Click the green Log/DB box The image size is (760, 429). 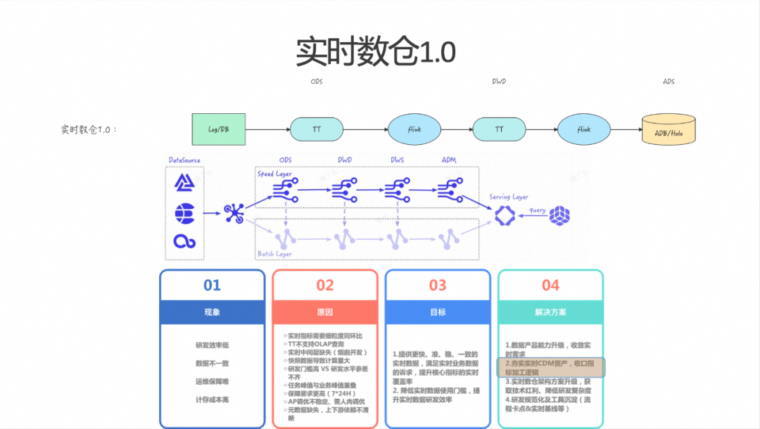tap(219, 129)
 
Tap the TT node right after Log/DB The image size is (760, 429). tap(317, 129)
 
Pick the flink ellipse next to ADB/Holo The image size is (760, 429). tap(584, 129)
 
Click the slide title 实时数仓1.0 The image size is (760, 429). tap(376, 51)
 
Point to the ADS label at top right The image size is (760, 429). tap(669, 82)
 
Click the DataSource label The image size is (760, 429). tap(185, 160)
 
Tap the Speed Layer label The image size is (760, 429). tap(274, 174)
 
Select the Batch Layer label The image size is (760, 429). tap(274, 253)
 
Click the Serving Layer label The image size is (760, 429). tap(509, 197)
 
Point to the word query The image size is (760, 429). tap(538, 210)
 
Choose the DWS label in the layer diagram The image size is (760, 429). tap(398, 160)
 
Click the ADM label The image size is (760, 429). tap(449, 160)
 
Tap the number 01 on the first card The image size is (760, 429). tap(212, 285)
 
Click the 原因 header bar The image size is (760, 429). tap(324, 312)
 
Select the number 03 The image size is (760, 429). tap(438, 285)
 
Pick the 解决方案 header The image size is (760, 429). tap(550, 312)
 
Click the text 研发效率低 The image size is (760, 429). tap(212, 345)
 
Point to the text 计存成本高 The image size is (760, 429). tap(212, 399)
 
